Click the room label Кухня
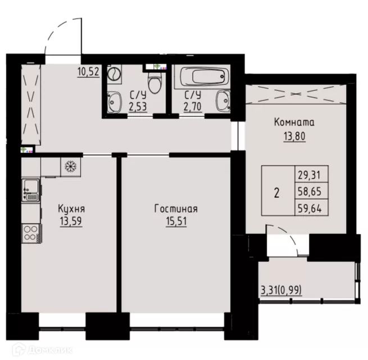pyautogui.click(x=71, y=209)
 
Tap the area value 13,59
pyautogui.click(x=71, y=221)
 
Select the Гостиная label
pyautogui.click(x=176, y=209)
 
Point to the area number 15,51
pyautogui.click(x=176, y=221)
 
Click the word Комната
pyautogui.click(x=294, y=122)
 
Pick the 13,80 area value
pyautogui.click(x=295, y=136)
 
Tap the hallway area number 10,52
pyautogui.click(x=88, y=71)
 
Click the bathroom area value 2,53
pyautogui.click(x=138, y=107)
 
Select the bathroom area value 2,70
pyautogui.click(x=193, y=107)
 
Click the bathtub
pyautogui.click(x=205, y=76)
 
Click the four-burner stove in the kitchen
pyautogui.click(x=31, y=233)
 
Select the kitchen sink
pyautogui.click(x=31, y=190)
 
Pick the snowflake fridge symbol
pyautogui.click(x=71, y=166)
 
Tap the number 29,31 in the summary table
pyautogui.click(x=310, y=175)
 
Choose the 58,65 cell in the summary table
pyautogui.click(x=310, y=191)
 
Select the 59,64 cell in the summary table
pyautogui.click(x=310, y=208)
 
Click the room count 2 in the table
pyautogui.click(x=277, y=193)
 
